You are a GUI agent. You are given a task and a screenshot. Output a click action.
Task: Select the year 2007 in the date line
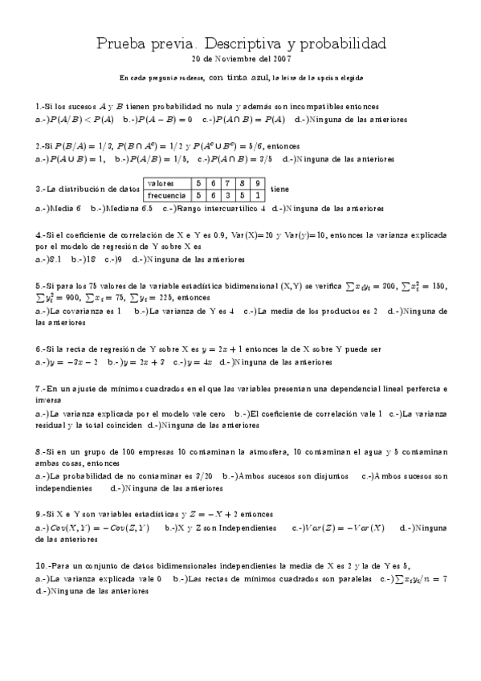(x=281, y=59)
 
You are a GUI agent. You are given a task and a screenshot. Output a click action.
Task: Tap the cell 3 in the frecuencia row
(x=228, y=194)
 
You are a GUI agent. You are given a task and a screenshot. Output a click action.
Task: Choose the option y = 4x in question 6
(x=198, y=361)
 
